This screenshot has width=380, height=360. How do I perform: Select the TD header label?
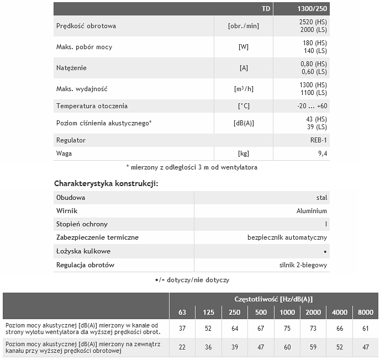pyautogui.click(x=266, y=9)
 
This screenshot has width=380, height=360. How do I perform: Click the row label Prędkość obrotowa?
pyautogui.click(x=86, y=26)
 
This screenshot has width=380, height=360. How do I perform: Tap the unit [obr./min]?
pyautogui.click(x=243, y=26)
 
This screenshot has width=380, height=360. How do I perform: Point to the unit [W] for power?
pyautogui.click(x=243, y=47)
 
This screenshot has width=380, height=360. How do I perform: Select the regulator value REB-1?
pyautogui.click(x=318, y=140)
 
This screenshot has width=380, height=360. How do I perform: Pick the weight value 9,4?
pyautogui.click(x=321, y=153)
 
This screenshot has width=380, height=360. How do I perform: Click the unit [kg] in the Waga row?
pyautogui.click(x=243, y=153)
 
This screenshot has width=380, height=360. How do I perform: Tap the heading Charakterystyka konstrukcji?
pyautogui.click(x=106, y=183)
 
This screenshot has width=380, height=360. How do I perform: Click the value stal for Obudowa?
pyautogui.click(x=321, y=198)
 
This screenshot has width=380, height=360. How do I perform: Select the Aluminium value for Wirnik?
pyautogui.click(x=312, y=211)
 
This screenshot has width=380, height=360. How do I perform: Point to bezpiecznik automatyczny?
pyautogui.click(x=287, y=237)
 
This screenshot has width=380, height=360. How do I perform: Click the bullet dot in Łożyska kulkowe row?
pyautogui.click(x=325, y=252)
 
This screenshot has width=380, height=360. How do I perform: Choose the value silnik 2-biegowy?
pyautogui.click(x=303, y=265)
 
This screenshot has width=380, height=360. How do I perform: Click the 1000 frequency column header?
pyautogui.click(x=287, y=313)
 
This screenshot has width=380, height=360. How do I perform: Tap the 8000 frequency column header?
pyautogui.click(x=366, y=313)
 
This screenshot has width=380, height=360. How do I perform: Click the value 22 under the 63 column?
pyautogui.click(x=182, y=347)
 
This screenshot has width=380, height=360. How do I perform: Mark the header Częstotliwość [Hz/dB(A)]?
pyautogui.click(x=273, y=299)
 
